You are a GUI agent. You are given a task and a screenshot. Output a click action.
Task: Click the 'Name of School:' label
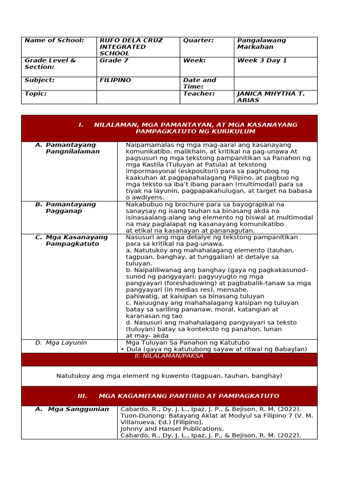(54, 40)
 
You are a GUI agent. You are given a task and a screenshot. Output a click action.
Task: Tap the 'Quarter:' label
(198, 40)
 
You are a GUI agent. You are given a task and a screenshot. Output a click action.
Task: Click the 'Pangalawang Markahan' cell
(261, 44)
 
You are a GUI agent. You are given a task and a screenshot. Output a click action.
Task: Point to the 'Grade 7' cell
(111, 60)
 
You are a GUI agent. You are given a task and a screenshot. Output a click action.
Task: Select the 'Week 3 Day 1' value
(262, 60)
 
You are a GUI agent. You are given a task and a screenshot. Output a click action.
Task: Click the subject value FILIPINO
(115, 80)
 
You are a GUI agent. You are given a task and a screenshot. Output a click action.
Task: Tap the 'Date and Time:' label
(199, 83)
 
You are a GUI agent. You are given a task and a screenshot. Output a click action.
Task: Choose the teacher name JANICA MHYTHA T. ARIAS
(270, 97)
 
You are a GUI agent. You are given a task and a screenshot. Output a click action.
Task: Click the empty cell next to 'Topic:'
(138, 97)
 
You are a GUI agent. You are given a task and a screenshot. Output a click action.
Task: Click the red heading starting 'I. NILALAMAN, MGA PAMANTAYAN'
(187, 128)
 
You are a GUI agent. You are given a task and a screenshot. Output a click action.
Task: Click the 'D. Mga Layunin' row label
(61, 343)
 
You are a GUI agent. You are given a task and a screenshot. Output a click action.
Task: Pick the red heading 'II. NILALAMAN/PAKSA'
(169, 356)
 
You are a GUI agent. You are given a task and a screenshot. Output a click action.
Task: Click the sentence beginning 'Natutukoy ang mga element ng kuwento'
(169, 376)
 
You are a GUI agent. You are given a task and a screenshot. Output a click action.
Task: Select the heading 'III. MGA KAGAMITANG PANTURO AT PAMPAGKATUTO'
(178, 396)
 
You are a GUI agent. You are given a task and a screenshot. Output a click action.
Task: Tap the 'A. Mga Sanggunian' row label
(72, 409)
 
